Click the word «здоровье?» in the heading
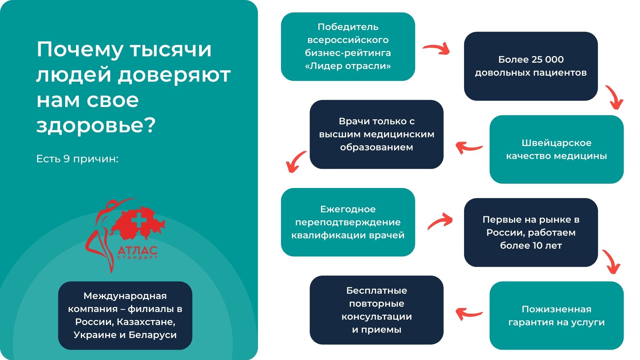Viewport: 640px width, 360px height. [x=96, y=126]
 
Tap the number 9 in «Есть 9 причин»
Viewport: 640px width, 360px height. [x=66, y=159]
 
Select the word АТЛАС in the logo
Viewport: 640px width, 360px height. [x=137, y=250]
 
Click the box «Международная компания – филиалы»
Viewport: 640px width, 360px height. [x=125, y=315]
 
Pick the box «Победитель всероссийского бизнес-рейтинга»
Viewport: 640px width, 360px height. [x=348, y=47]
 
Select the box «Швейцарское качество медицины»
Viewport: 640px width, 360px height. [x=557, y=149]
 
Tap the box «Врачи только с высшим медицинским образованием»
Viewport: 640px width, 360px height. [x=377, y=134]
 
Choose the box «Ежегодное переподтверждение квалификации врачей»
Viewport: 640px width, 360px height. [x=348, y=222]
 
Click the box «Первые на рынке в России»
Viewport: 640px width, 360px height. [x=531, y=232]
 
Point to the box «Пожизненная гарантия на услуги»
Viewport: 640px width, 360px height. [x=557, y=316]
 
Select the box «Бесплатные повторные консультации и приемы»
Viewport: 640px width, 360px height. [x=377, y=310]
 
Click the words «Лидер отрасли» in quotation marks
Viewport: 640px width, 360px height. [x=348, y=66]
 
